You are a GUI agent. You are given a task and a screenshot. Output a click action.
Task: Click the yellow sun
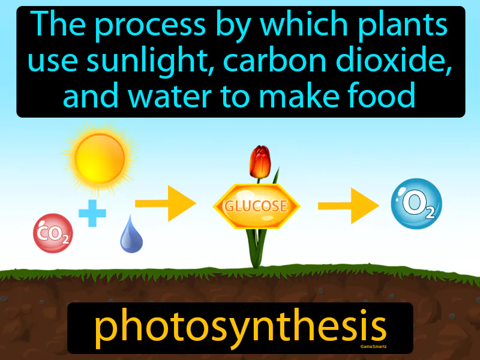(100, 158)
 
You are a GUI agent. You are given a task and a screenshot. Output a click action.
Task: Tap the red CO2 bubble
(53, 232)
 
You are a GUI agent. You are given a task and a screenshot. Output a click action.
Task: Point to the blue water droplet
(131, 236)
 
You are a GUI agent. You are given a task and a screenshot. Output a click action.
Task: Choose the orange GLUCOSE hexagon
(256, 206)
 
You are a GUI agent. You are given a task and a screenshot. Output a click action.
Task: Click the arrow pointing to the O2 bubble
(349, 206)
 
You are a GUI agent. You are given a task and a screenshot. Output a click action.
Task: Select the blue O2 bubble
(416, 204)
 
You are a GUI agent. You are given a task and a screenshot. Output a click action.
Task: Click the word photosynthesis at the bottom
(240, 327)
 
